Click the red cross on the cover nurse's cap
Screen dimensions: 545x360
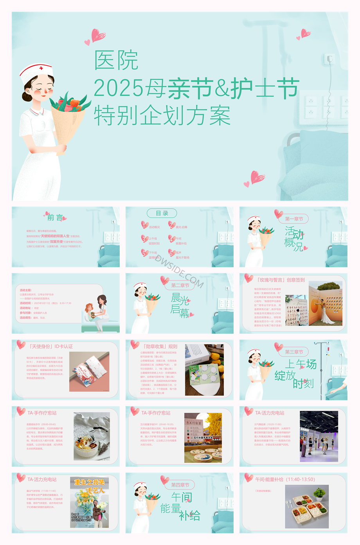click(x=41, y=68)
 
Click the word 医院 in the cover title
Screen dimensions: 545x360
click(x=116, y=61)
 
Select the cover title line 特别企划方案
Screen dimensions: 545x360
click(x=162, y=116)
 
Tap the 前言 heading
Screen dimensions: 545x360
click(x=55, y=218)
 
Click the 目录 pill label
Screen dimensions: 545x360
click(x=162, y=213)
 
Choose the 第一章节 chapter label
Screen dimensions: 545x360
click(x=294, y=219)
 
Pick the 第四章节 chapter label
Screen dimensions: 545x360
click(x=180, y=485)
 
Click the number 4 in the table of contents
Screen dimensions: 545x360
click(x=171, y=238)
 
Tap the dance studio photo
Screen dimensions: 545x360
click(x=319, y=436)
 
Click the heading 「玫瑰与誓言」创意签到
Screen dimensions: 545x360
click(x=281, y=280)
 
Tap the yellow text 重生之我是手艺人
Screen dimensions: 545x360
click(x=90, y=486)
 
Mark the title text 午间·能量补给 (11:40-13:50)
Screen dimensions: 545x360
click(x=285, y=479)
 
